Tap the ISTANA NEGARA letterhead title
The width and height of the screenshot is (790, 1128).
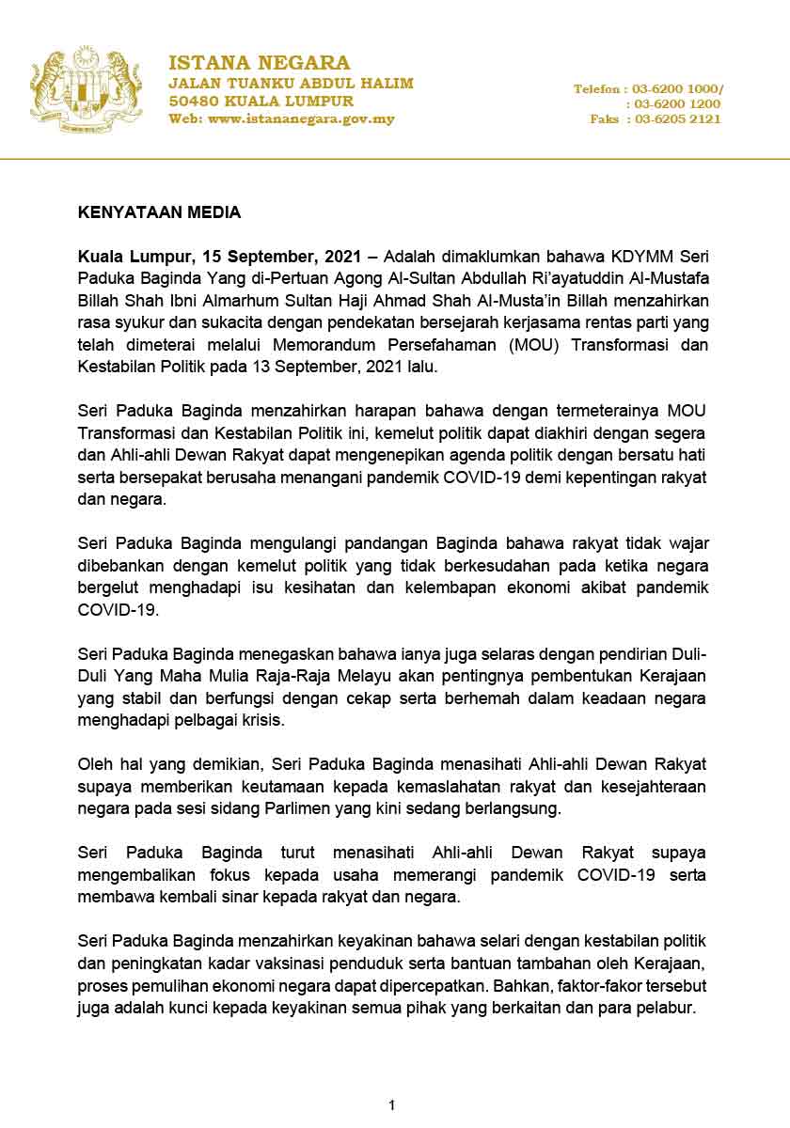pyautogui.click(x=259, y=63)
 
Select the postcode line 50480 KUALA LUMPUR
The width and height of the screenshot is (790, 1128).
pyautogui.click(x=261, y=101)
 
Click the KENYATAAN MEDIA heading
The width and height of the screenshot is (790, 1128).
pyautogui.click(x=159, y=212)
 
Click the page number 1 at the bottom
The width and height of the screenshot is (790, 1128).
pyautogui.click(x=392, y=1104)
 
